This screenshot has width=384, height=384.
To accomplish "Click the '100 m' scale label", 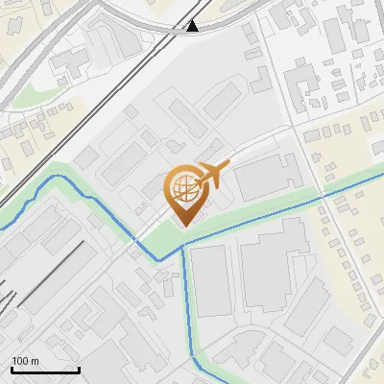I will pos(25,361).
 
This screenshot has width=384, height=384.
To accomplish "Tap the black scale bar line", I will pos(45,370).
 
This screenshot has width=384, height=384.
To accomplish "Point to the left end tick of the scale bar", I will pos(12,368).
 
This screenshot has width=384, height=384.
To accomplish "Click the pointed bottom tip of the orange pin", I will pos(182,225).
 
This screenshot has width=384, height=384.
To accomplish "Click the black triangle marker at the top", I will pos(193,26).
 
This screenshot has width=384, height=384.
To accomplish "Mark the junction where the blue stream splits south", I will pos(182,248).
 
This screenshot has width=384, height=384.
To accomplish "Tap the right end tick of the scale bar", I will pos(79,368).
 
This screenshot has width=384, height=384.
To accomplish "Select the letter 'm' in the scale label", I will pos(34,361).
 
